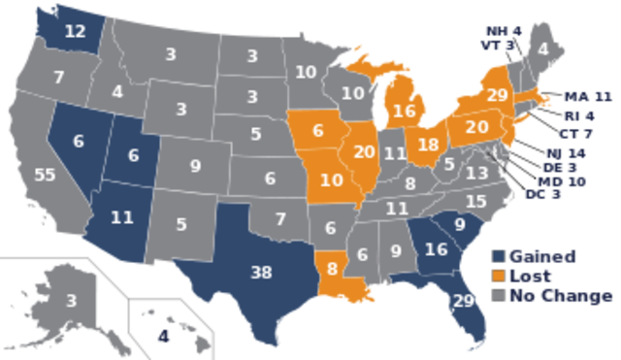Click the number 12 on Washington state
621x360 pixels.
(76, 30)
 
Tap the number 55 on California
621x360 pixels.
(44, 175)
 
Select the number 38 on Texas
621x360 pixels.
(260, 273)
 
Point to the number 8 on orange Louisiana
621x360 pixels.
(333, 265)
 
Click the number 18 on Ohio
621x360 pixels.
(428, 145)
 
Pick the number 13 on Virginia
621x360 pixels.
(476, 173)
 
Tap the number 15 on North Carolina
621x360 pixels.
(475, 201)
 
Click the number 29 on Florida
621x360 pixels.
(463, 300)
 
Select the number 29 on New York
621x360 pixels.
(496, 94)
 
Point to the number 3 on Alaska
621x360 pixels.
(71, 301)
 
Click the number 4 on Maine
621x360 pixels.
(542, 49)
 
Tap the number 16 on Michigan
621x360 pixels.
(405, 110)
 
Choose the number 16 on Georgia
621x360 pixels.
(434, 249)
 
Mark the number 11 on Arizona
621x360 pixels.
(121, 217)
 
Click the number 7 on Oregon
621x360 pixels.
(59, 77)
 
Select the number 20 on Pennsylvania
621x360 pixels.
(477, 125)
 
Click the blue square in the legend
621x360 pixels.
(498, 255)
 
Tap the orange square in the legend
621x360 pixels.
(498, 276)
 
